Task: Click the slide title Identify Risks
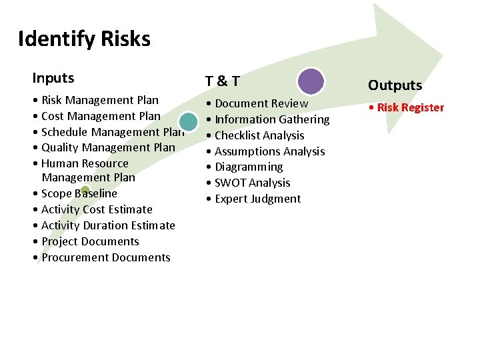[84, 39]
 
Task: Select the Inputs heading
[53, 78]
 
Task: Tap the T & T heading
[222, 81]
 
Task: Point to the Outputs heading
[395, 85]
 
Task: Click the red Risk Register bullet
[410, 107]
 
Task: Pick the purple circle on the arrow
[311, 81]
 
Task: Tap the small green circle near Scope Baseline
[85, 191]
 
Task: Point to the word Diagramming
[249, 167]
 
